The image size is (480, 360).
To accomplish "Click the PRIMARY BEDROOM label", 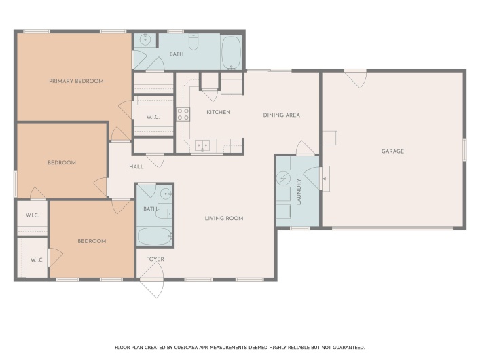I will click(x=76, y=81).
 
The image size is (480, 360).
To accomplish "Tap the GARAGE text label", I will click(x=392, y=151).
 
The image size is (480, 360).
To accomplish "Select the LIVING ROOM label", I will click(x=224, y=218).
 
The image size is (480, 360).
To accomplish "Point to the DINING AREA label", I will click(x=281, y=115).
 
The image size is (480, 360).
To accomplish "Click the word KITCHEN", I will click(x=219, y=112).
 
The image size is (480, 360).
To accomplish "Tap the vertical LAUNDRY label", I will click(x=299, y=191).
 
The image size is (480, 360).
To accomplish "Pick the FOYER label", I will click(x=155, y=259).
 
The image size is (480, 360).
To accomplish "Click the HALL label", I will click(x=136, y=166).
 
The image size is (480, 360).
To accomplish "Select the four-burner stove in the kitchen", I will click(x=183, y=114).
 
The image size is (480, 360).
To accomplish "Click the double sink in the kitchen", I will click(x=202, y=145).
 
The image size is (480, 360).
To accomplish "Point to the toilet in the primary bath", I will click(x=193, y=43).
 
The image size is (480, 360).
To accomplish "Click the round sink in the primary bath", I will click(x=144, y=40).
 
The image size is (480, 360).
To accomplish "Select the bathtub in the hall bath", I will click(x=154, y=237).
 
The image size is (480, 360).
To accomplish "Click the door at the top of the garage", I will click(x=354, y=78).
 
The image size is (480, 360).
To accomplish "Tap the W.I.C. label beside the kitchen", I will click(x=153, y=117).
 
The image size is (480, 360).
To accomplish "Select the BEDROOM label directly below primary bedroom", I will click(x=62, y=162).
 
